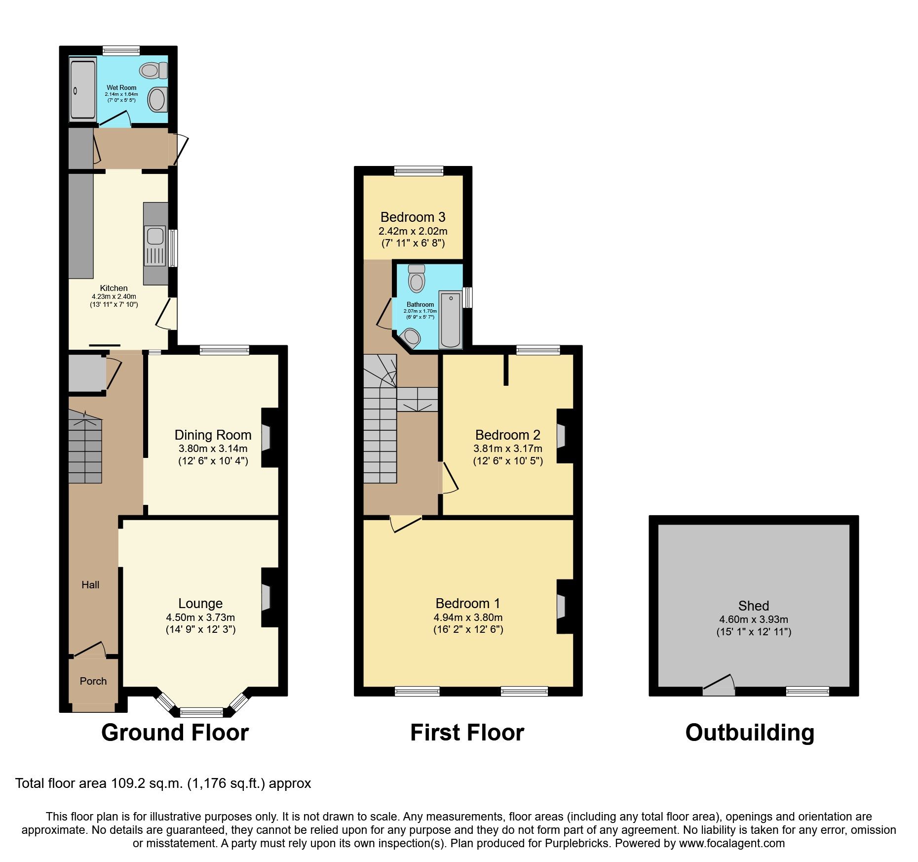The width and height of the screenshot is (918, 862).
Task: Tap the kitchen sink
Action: click(155, 236)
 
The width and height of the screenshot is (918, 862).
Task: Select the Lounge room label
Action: click(200, 603)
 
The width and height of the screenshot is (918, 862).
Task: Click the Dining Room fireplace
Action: click(266, 437)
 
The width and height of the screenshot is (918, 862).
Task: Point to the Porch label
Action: click(93, 681)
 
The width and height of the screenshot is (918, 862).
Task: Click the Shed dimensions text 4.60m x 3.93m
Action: click(753, 619)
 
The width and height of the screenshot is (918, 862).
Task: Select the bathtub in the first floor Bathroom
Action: click(450, 320)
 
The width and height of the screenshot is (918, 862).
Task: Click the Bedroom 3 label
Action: click(413, 217)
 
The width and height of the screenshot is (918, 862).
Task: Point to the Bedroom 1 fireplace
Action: click(562, 607)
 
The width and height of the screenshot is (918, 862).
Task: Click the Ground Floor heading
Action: click(175, 732)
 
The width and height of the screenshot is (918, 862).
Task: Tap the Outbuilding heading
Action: click(749, 732)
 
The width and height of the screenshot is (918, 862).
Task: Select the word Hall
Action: click(90, 585)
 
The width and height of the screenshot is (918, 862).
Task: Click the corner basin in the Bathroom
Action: click(411, 338)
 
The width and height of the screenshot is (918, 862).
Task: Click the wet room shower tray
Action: click(82, 89)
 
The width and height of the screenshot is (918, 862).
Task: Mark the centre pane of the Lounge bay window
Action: click(201, 712)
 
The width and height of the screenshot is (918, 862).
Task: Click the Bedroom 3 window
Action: click(419, 171)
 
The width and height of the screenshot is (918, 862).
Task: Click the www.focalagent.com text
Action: click(731, 843)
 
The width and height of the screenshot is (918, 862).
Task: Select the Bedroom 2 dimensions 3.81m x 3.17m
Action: click(507, 449)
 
